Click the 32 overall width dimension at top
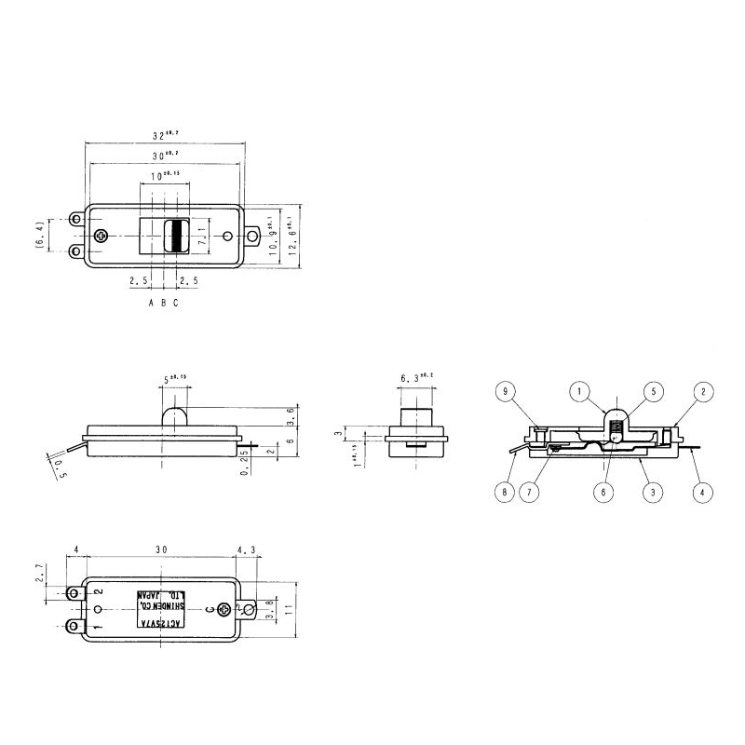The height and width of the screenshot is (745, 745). [x=164, y=136]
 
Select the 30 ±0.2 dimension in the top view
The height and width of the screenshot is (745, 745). [x=164, y=155]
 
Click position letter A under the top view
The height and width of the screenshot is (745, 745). [x=151, y=303]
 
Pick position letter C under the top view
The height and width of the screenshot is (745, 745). [x=175, y=303]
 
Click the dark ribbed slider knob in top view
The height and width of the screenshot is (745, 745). [x=175, y=237]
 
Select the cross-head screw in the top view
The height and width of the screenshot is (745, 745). [x=102, y=237]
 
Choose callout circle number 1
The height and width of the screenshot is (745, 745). [x=582, y=392]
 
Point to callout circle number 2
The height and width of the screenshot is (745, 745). [x=705, y=392]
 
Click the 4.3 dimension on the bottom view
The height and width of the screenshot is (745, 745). [x=248, y=550]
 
